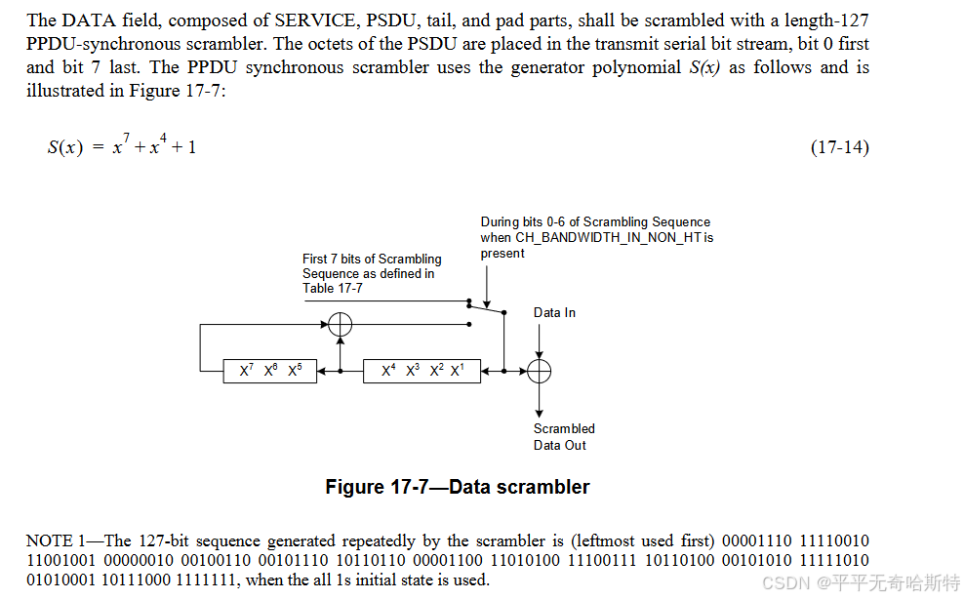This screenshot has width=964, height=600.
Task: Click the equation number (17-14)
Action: (x=839, y=147)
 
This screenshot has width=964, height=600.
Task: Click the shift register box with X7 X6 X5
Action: (x=270, y=371)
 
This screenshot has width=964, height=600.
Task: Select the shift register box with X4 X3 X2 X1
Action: (x=422, y=371)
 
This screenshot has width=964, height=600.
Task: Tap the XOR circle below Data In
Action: (x=539, y=371)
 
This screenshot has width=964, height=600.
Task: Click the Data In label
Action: (x=554, y=313)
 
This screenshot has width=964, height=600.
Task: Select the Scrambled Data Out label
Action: (x=564, y=437)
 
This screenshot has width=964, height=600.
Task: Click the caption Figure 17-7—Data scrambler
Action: (x=458, y=487)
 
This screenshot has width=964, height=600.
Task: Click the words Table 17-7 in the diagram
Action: (x=333, y=289)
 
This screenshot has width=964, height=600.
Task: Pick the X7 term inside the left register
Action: (x=246, y=372)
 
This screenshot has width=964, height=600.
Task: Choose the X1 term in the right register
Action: (x=457, y=372)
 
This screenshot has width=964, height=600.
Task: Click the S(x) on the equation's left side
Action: (x=64, y=148)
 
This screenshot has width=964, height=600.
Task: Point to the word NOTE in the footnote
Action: (x=49, y=540)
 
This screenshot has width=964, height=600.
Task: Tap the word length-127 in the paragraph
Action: (x=827, y=20)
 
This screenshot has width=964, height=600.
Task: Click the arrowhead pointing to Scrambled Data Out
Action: (x=539, y=414)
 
